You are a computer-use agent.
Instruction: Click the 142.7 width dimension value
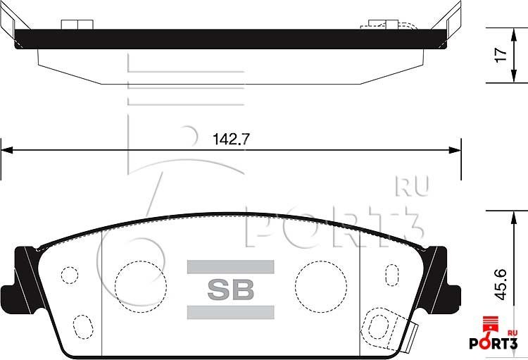[x=231, y=139]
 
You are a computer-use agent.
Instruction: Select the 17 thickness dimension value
[x=501, y=56]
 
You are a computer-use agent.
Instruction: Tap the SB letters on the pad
[x=230, y=289]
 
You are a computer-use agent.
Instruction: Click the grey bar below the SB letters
[x=230, y=311]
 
